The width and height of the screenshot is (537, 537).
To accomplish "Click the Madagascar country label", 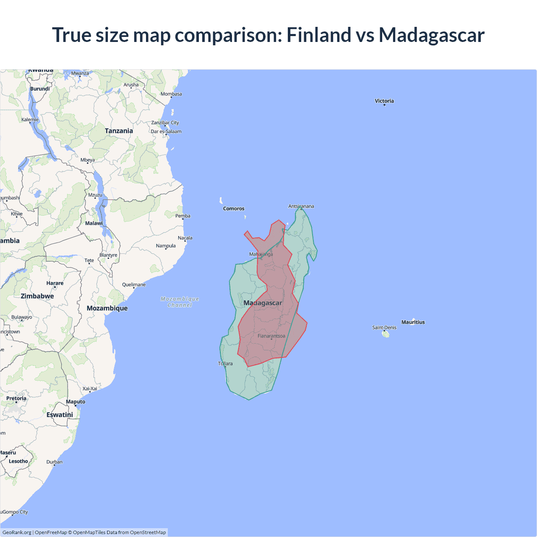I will (263, 303).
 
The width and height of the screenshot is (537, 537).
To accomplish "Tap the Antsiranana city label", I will (301, 206).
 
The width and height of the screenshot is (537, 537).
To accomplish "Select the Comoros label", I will (234, 209).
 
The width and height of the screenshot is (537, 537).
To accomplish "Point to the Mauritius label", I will (413, 322).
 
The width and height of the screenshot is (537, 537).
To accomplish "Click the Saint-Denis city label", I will (384, 328).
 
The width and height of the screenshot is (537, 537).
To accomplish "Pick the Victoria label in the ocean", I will (384, 101).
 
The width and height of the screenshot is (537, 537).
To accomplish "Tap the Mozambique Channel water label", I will (180, 302).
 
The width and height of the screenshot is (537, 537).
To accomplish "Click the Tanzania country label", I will (119, 131).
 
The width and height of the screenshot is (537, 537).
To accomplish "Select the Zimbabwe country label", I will (37, 296).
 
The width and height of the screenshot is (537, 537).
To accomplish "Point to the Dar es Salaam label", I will (166, 131).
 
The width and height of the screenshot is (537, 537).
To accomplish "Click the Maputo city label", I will (76, 401).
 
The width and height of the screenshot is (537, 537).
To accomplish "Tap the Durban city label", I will (55, 462).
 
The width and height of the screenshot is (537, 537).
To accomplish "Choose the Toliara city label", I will (225, 363).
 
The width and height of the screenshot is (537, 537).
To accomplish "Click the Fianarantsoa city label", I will (271, 336).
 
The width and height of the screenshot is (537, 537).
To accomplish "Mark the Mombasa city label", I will (171, 94).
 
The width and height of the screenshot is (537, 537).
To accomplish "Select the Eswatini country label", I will (60, 414).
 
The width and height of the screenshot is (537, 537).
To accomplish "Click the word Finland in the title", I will (319, 35).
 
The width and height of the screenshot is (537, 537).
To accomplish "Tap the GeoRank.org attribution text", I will (17, 532).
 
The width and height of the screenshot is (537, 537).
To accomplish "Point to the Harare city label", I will (55, 283).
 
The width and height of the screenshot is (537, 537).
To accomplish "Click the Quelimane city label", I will (134, 284).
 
